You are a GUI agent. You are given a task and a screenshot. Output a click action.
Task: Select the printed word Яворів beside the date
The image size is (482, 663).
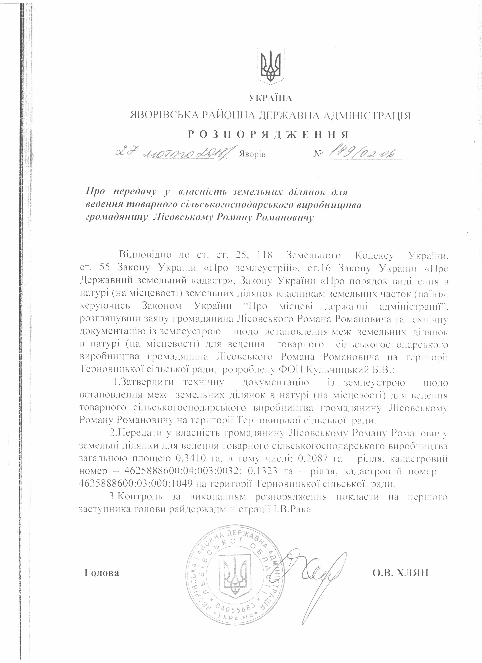click(x=253, y=154)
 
